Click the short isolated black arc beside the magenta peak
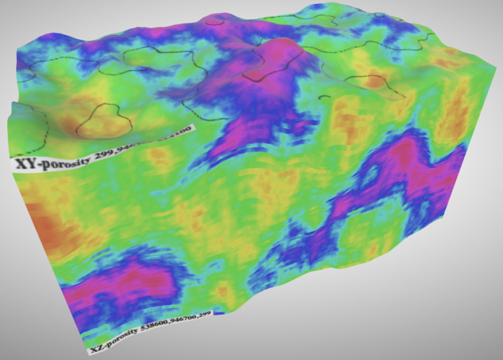tap(324, 98)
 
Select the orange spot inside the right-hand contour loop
tap(375, 82)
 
